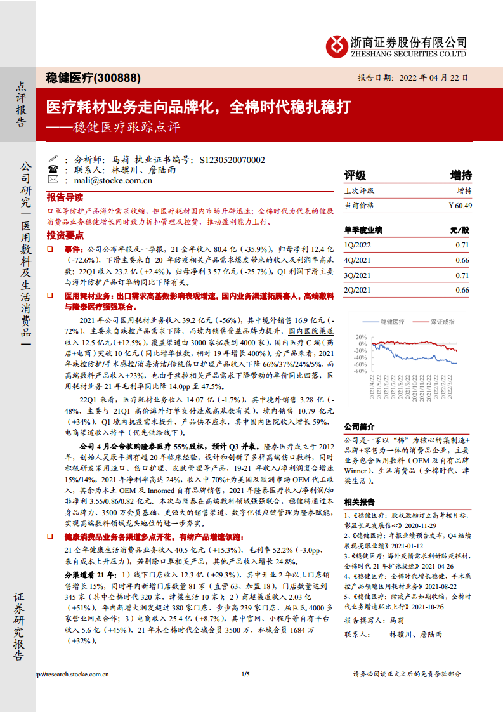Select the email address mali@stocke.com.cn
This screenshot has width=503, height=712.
113,180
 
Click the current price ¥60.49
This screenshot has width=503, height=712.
460,205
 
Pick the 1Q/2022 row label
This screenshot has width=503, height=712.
356,244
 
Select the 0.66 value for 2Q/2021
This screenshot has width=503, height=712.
462,290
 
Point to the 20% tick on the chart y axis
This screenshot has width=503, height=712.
361,336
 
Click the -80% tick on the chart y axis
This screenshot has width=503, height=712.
360,372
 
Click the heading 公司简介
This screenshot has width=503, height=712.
359,426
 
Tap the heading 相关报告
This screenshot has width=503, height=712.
359,501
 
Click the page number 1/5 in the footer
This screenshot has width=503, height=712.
246,674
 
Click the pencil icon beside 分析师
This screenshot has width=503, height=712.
53,160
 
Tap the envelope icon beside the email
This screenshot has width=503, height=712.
53,180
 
